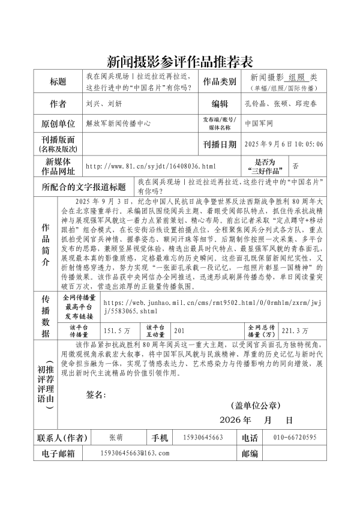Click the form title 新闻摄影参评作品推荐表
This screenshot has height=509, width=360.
click(180, 60)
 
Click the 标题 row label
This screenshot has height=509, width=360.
click(58, 81)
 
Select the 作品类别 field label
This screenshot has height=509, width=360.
click(220, 81)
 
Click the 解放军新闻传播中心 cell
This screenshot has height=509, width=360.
click(118, 124)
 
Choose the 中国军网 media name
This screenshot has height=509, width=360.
click(259, 124)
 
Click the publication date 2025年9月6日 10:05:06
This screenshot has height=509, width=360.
click(284, 144)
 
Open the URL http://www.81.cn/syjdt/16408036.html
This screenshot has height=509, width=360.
click(151, 165)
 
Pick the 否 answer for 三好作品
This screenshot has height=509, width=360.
click(295, 164)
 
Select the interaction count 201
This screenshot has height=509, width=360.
click(180, 330)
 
